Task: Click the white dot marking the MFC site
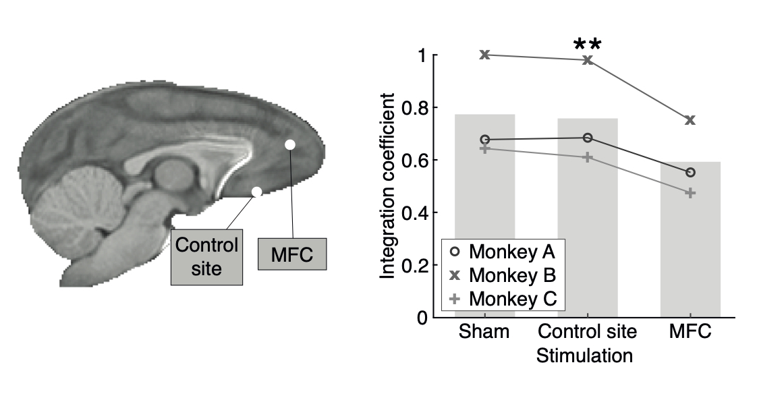click(289, 144)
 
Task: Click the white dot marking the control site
click(256, 192)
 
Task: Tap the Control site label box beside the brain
click(206, 256)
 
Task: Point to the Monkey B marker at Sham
click(484, 55)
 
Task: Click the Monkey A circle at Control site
click(588, 138)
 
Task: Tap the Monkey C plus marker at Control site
click(588, 157)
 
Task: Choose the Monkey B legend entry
click(503, 275)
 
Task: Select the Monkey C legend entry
click(503, 298)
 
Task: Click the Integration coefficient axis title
click(389, 186)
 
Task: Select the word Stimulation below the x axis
click(585, 356)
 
